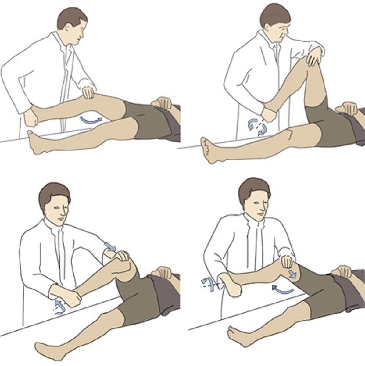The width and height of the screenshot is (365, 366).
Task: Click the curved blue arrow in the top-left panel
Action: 91,120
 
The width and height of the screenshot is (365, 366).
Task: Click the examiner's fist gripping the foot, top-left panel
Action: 31,119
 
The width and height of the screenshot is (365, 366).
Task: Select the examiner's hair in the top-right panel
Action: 273,14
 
